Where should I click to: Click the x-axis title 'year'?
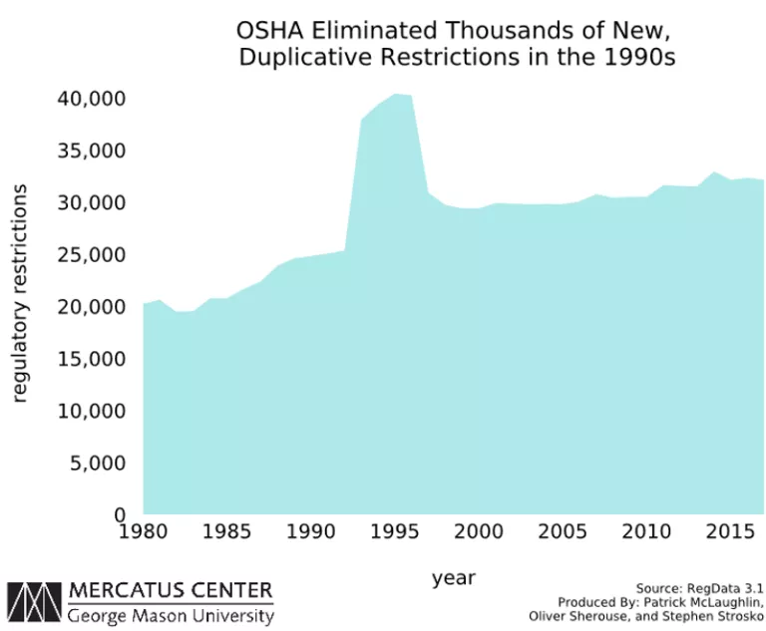[x=454, y=578]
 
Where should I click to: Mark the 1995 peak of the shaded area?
[x=396, y=94]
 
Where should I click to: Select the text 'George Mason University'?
[x=171, y=615]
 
